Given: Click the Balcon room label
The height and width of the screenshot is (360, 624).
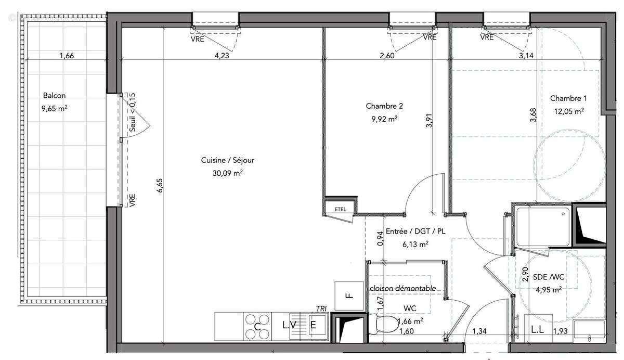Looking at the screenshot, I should coord(54,96).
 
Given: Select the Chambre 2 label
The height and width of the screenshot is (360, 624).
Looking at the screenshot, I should coord(384,106).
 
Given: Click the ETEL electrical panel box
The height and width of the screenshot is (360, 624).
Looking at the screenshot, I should coord(340,209).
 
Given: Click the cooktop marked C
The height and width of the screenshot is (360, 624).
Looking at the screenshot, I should coord(257,326).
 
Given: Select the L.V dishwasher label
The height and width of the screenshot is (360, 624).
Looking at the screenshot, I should coord(290,326).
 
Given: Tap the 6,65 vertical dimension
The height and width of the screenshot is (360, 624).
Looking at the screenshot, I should coord(159,186).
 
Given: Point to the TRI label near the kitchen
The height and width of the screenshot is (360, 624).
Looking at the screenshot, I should coord(321,309).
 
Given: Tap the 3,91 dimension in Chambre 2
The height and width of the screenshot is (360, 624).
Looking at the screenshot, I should coord(429,121).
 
